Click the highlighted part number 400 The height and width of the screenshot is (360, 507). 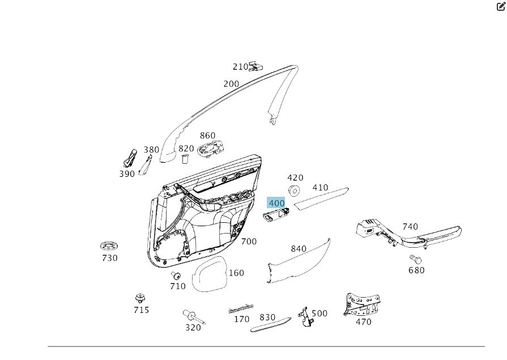[x=276, y=203]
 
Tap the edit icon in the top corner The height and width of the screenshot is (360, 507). [x=501, y=7]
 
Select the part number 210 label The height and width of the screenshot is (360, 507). [x=240, y=67]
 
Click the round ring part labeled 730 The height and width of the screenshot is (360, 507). [x=108, y=246]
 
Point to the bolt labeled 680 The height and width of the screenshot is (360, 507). [x=415, y=259]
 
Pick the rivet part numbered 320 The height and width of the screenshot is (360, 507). [x=191, y=315]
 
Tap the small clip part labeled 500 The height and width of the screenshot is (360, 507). [x=306, y=317]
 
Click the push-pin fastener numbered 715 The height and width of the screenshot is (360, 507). [x=140, y=298]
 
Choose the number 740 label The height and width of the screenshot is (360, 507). [x=410, y=227]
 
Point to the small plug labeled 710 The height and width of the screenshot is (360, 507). [x=176, y=276]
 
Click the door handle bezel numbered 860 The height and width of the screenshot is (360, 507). [x=212, y=149]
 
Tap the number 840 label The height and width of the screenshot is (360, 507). [x=299, y=249]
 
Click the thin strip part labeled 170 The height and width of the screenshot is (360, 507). [x=240, y=310]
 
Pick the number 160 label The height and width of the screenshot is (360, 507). [x=236, y=273]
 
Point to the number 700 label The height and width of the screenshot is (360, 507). [x=249, y=242]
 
